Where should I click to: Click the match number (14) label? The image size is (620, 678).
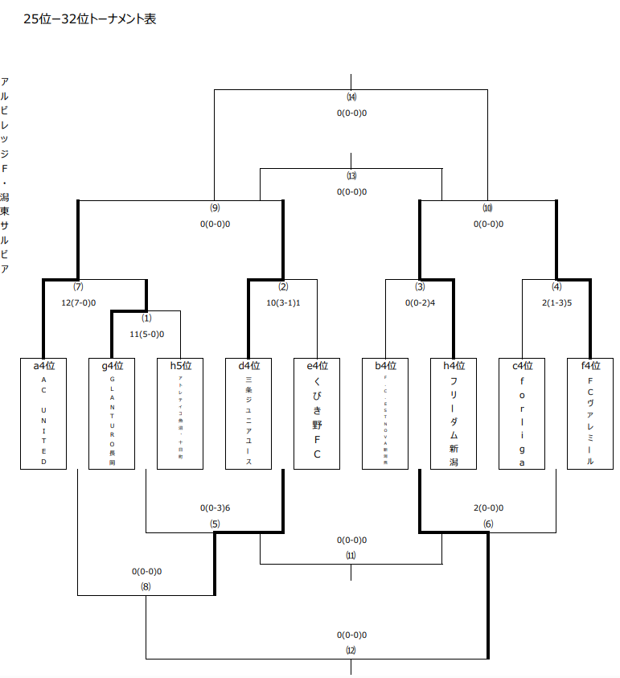pos(351,98)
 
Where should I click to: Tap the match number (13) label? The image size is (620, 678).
pos(351,176)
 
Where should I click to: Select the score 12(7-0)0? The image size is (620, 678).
pos(78,302)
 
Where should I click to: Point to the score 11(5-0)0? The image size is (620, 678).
pos(146,333)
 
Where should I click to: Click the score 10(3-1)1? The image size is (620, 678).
pos(283,302)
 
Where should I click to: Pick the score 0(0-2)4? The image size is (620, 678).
pos(420,302)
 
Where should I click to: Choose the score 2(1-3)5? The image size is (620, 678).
pos(556,302)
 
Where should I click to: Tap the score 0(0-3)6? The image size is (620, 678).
pos(215,508)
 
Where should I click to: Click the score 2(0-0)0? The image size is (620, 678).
pos(488,508)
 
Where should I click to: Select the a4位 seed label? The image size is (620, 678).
pos(44,366)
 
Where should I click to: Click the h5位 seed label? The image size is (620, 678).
pos(181,366)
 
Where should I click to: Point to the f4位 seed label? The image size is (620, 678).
pos(590,366)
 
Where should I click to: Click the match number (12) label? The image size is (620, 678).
pos(351,649)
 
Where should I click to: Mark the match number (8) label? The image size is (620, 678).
pos(146,586)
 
